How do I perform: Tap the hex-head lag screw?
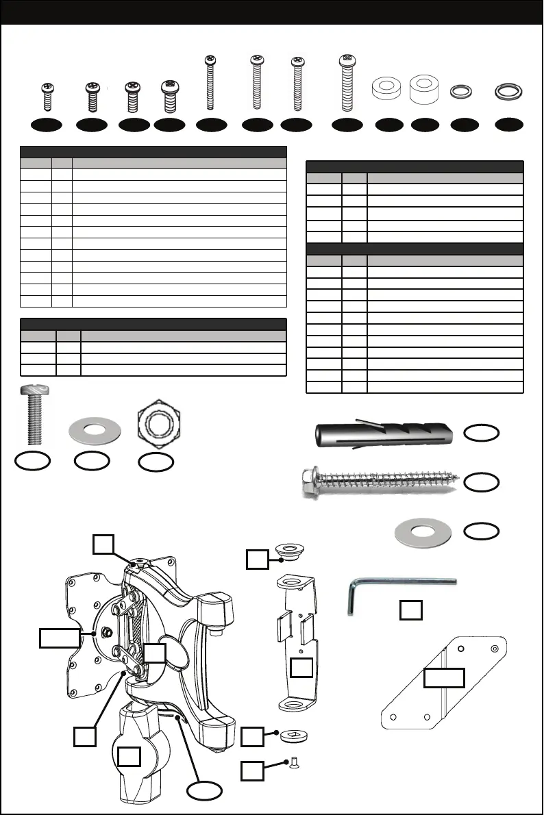coord(376,484)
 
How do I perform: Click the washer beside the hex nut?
coord(94,433)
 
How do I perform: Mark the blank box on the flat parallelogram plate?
coord(444,677)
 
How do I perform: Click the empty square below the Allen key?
coord(410,610)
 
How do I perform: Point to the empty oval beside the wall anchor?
coord(482,433)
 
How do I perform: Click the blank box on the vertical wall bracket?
coord(302,669)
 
